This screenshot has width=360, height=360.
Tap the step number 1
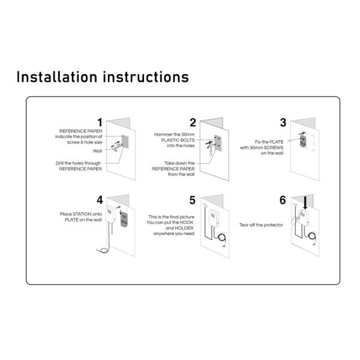pos(100,122)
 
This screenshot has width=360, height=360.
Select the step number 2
pos(193,122)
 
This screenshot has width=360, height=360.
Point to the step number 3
pos(283,122)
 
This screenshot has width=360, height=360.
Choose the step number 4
pos(100,200)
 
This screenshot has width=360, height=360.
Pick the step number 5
pos(193,200)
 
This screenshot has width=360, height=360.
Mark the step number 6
pos(283,200)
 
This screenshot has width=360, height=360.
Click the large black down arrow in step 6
pos(306,203)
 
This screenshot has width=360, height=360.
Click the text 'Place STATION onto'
pos(82,214)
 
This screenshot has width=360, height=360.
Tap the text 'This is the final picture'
pos(170,216)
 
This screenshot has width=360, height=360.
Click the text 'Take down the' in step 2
pos(179,163)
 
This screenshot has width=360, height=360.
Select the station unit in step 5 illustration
pos(212,218)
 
